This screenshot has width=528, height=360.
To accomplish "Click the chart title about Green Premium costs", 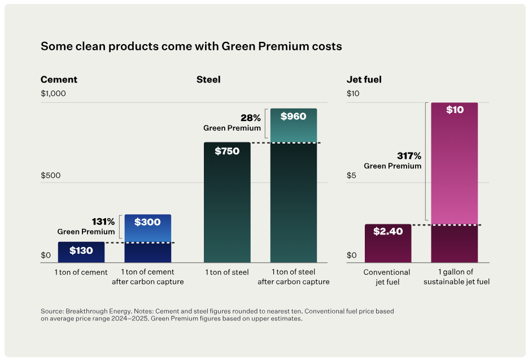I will (x=191, y=46).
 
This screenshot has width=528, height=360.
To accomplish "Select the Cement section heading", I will (x=59, y=80).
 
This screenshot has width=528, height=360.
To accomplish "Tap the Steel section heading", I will (x=208, y=80).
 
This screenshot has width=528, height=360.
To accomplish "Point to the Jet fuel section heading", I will (x=364, y=80).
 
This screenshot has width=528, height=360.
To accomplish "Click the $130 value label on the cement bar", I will (x=81, y=250).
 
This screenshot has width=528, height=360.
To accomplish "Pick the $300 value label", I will (x=147, y=222).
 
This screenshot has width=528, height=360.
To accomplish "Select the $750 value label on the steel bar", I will (x=226, y=151).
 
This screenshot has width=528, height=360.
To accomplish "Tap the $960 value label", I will (x=293, y=116).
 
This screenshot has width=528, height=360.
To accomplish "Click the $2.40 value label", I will (x=388, y=231).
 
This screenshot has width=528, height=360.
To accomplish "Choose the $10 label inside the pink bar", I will (x=455, y=110).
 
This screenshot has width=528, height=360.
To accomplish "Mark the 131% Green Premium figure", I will (x=103, y=222).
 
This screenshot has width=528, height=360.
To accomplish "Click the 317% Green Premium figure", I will (x=409, y=155).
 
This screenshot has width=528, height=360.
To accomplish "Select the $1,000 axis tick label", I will (x=54, y=94).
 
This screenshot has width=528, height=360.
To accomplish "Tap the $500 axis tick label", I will (x=50, y=176).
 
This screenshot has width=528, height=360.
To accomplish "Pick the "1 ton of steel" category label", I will (x=227, y=272).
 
